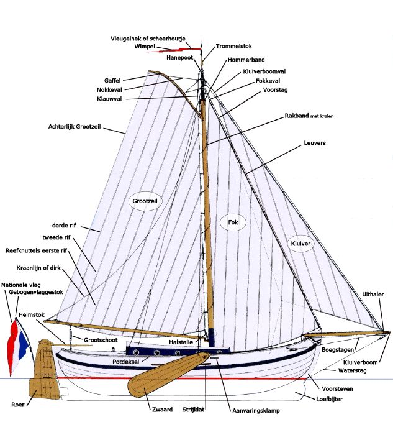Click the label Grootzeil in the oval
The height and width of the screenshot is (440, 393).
(143, 201)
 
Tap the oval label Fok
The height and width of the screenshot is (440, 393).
(233, 222)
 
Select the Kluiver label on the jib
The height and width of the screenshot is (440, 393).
(300, 244)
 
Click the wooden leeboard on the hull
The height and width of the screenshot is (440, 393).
(165, 374)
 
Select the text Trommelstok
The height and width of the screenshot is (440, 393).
(233, 47)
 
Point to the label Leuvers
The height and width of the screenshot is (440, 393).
(315, 143)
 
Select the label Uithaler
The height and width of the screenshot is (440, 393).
(373, 294)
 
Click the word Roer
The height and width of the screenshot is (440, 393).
(18, 404)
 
